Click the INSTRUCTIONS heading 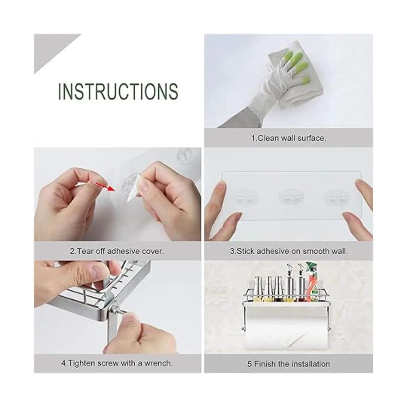coord(118,91)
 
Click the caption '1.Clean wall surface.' coord(288,138)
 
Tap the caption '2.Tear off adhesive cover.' coord(117,251)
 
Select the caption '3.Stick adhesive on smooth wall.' coord(289,251)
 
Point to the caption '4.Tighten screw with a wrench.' coord(117,363)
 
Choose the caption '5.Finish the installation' coord(288,364)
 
